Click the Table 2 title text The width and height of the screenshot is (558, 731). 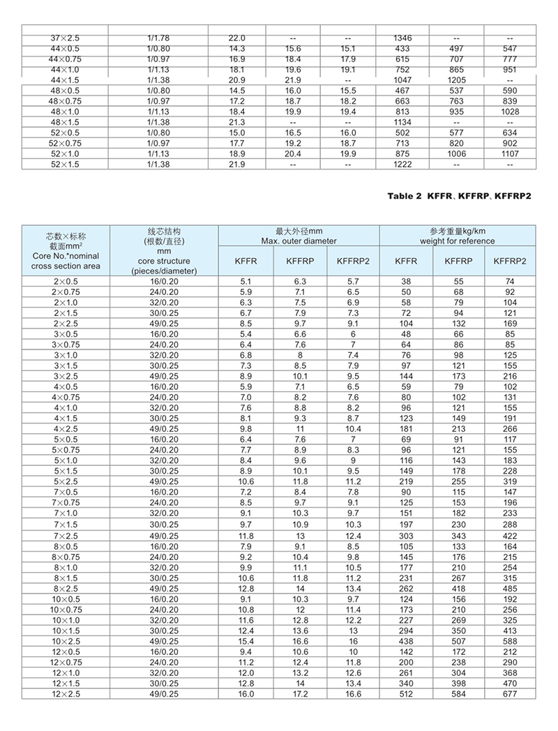coord(459,196)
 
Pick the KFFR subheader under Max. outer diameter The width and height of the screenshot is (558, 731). coord(245,260)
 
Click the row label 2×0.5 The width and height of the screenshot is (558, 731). coord(66,281)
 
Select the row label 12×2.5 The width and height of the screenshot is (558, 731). coord(66,694)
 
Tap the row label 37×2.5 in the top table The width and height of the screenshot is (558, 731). coord(66,37)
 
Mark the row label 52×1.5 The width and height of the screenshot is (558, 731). coord(66,164)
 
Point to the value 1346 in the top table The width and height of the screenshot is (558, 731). coord(402,37)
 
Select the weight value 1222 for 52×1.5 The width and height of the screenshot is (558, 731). coord(402,164)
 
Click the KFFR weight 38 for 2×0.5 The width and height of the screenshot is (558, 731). coord(405,281)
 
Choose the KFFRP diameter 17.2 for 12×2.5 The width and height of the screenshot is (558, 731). coord(299,694)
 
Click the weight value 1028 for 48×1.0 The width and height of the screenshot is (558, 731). coord(509,112)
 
